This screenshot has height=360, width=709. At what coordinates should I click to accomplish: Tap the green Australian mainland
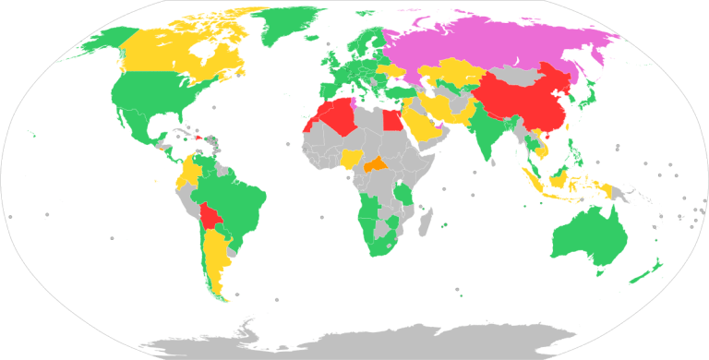pyautogui.click(x=585, y=235)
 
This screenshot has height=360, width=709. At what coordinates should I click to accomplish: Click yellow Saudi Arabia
pyautogui.click(x=424, y=125)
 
